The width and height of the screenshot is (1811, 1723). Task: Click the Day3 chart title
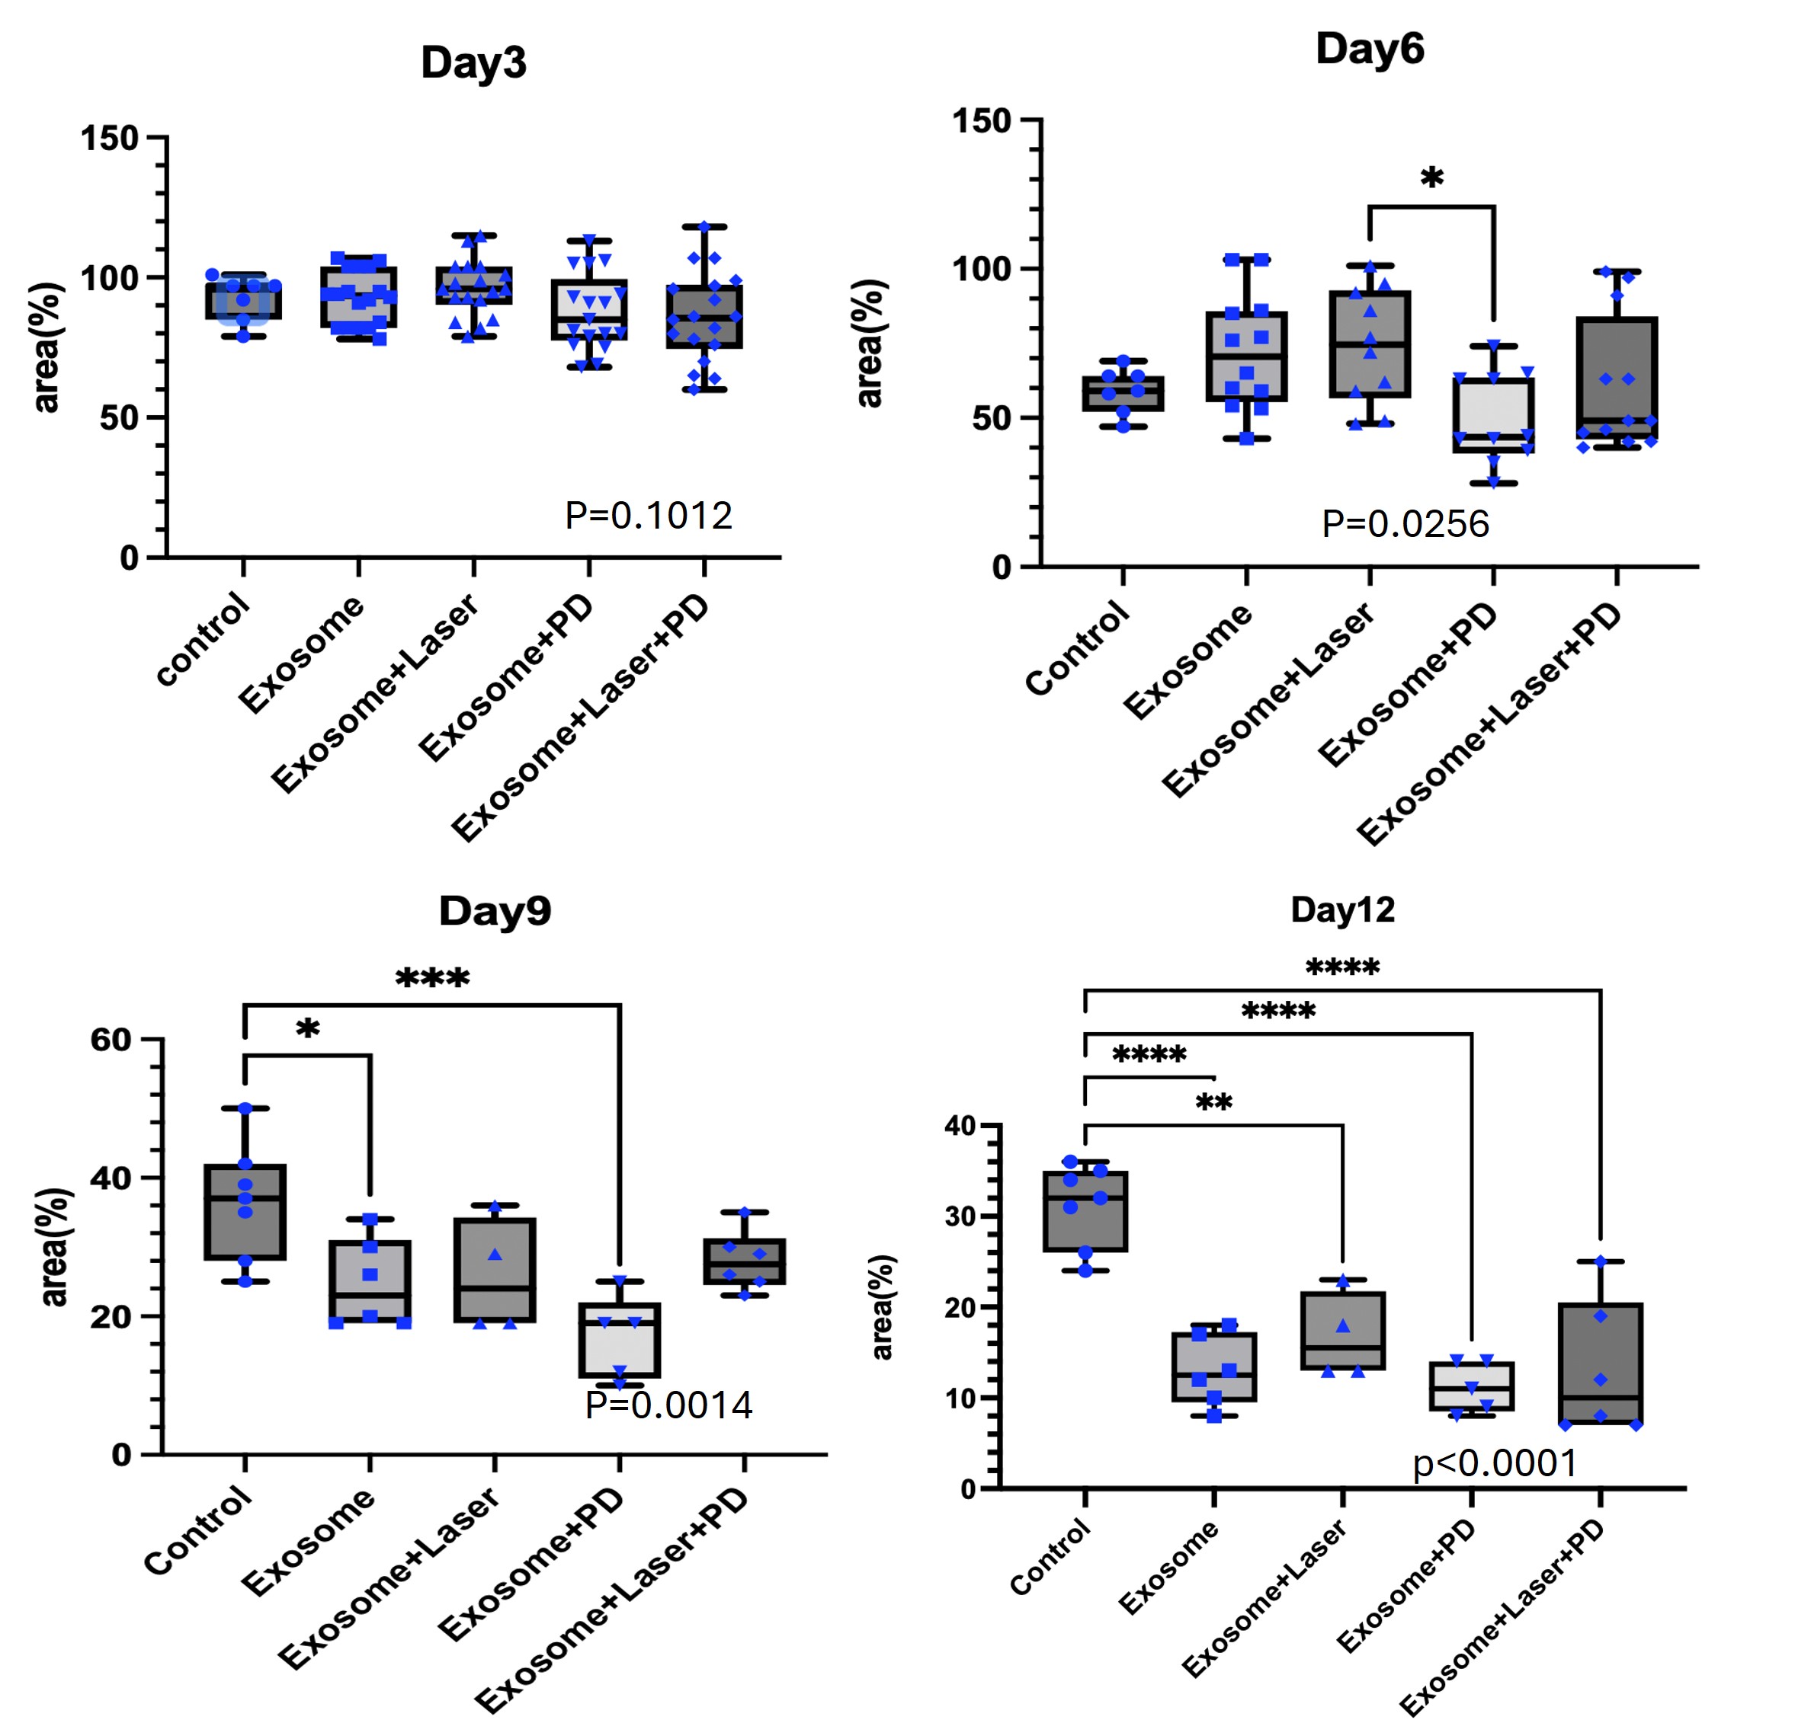pyautogui.click(x=473, y=62)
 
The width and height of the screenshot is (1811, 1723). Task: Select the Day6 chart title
pyautogui.click(x=1369, y=48)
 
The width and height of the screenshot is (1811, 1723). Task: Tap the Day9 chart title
pyautogui.click(x=495, y=910)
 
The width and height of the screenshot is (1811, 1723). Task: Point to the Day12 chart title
pyautogui.click(x=1342, y=909)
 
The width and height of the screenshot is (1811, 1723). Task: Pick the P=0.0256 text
pyautogui.click(x=1405, y=523)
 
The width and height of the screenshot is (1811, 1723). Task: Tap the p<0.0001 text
pyautogui.click(x=1495, y=1463)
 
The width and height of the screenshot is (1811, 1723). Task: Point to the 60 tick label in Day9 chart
pyautogui.click(x=111, y=1040)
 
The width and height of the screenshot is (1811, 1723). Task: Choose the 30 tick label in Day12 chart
pyautogui.click(x=960, y=1216)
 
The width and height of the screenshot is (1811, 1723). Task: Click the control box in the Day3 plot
pyautogui.click(x=243, y=300)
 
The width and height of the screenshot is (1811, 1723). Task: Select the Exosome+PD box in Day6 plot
pyautogui.click(x=1493, y=415)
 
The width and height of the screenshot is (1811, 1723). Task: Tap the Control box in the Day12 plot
pyautogui.click(x=1085, y=1210)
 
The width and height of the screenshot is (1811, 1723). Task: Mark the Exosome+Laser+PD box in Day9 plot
pyautogui.click(x=744, y=1262)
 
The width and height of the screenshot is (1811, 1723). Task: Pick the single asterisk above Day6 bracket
pyautogui.click(x=1431, y=177)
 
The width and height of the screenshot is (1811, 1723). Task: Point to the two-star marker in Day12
pyautogui.click(x=1213, y=1103)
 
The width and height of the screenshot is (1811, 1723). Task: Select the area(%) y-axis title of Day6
pyautogui.click(x=868, y=343)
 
